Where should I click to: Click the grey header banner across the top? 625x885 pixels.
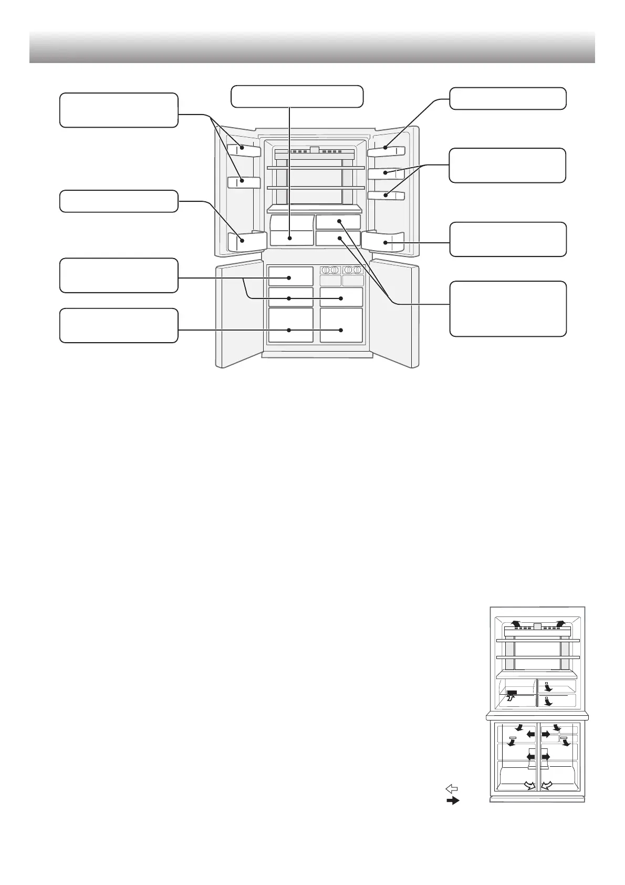point(312,47)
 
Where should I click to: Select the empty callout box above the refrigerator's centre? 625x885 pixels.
point(297,96)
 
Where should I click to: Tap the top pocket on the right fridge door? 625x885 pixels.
point(386,150)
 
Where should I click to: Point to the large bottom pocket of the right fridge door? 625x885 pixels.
point(383,242)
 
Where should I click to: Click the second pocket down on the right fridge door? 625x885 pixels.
point(386,173)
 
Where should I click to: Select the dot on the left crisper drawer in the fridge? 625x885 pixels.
point(289,238)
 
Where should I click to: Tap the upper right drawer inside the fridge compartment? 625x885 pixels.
point(339,221)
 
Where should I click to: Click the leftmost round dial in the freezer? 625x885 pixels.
point(325,270)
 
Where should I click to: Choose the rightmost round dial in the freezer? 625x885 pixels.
point(358,270)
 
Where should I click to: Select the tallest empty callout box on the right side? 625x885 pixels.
point(508,308)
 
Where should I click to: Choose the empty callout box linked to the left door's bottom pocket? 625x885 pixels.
point(119,201)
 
